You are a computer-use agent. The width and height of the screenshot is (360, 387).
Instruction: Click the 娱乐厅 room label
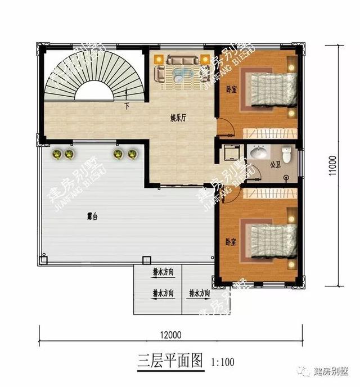pyautogui.click(x=178, y=118)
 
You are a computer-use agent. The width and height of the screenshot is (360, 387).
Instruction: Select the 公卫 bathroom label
pyautogui.click(x=274, y=165)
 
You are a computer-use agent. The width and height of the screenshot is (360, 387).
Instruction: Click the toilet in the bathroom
pyautogui.click(x=287, y=154)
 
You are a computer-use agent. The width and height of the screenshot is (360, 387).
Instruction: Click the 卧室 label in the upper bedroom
pyautogui.click(x=231, y=88)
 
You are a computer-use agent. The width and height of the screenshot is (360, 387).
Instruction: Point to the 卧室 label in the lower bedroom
pyautogui.click(x=230, y=241)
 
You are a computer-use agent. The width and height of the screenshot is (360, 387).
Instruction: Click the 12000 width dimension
pyautogui.click(x=169, y=335)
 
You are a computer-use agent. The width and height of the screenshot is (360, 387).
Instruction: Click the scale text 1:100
pyautogui.click(x=223, y=362)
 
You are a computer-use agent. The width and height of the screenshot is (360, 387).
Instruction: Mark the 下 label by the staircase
pyautogui.click(x=127, y=106)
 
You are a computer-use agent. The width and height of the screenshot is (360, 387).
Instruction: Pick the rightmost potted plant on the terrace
pyautogui.click(x=133, y=154)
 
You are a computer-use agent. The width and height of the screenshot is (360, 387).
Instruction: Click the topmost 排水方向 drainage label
pyautogui.click(x=163, y=272)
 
